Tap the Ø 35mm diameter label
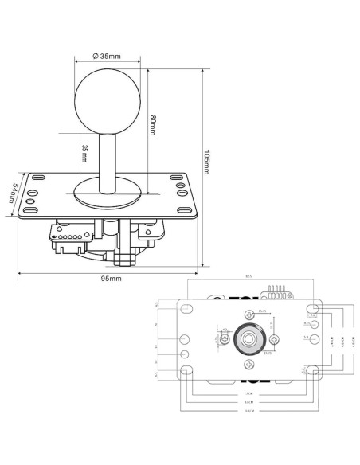click(107, 57)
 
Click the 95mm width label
click(111, 279)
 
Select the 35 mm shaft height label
click(84, 152)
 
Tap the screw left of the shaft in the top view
click(226, 340)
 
